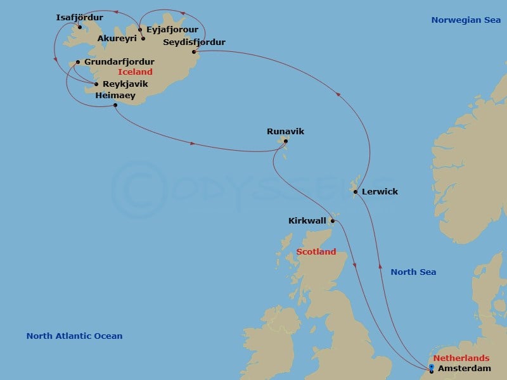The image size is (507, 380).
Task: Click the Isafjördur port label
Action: [x=79, y=17]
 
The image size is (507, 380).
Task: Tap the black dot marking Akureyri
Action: [x=143, y=39]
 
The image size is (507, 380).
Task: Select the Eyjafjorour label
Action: [x=172, y=29]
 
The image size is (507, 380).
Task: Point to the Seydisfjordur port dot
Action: [x=194, y=51]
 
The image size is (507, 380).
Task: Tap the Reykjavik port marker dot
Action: [x=96, y=84]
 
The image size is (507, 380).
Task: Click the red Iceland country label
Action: [x=135, y=72]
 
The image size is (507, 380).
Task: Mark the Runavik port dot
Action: [x=285, y=141]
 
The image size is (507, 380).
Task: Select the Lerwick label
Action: [x=380, y=191]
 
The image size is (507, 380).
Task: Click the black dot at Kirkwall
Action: [x=332, y=221]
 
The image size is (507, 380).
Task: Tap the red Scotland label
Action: [x=316, y=252]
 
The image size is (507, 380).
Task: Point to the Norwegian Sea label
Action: [x=466, y=20]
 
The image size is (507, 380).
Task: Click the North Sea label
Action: [x=413, y=272]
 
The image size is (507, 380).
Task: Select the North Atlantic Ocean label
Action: [x=74, y=336]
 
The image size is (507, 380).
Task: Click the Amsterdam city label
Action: [x=464, y=369]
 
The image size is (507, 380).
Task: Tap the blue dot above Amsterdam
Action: [x=432, y=367]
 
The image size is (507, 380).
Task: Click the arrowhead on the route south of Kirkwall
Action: [x=356, y=265]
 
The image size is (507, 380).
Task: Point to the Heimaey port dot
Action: [x=115, y=104]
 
